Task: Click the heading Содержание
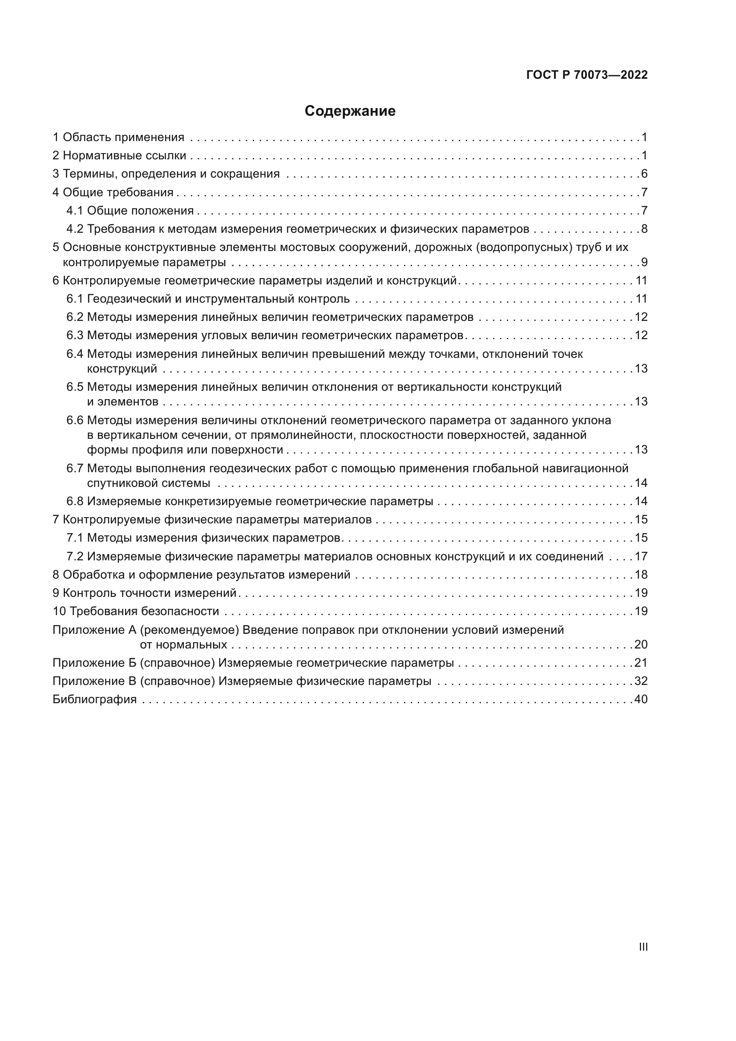pyautogui.click(x=350, y=111)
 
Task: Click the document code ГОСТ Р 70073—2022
pyautogui.click(x=587, y=75)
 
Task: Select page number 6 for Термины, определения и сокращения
pyautogui.click(x=644, y=174)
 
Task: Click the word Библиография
pyautogui.click(x=95, y=700)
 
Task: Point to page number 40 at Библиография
pyautogui.click(x=641, y=700)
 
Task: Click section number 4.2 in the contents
pyautogui.click(x=75, y=229)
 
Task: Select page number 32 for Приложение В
pyautogui.click(x=641, y=681)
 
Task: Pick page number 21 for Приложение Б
pyautogui.click(x=641, y=663)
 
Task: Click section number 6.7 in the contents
pyautogui.click(x=75, y=468)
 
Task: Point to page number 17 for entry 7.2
pyautogui.click(x=641, y=557)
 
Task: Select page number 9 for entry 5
pyautogui.click(x=644, y=263)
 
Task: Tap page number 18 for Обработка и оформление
pyautogui.click(x=641, y=575)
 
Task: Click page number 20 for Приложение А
pyautogui.click(x=641, y=645)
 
